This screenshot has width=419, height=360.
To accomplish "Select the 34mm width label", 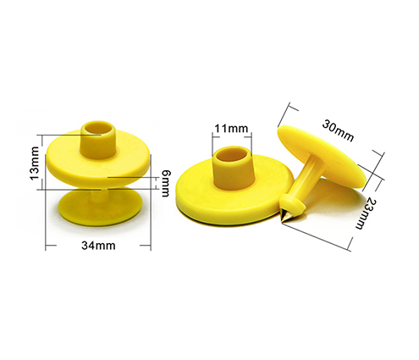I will click(x=98, y=246).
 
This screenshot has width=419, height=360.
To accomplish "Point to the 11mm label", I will click(x=230, y=129).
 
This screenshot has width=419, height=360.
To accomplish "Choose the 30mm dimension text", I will click(x=337, y=128).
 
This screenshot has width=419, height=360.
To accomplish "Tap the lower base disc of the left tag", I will click(x=97, y=211).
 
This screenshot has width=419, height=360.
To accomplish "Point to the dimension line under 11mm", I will click(x=230, y=138).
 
